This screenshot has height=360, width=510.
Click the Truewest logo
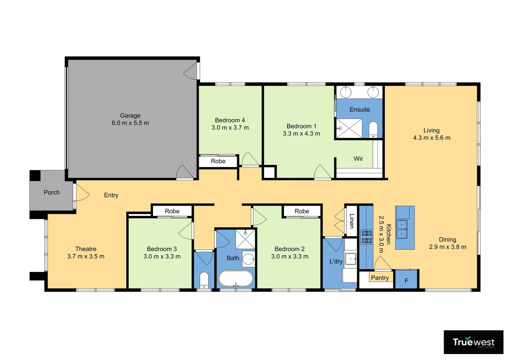(x=473, y=342)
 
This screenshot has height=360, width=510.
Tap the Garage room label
(x=130, y=116)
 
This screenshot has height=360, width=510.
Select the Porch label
(x=52, y=192)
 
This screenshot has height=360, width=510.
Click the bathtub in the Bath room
(x=235, y=278)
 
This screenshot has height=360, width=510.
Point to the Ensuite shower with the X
(x=349, y=128)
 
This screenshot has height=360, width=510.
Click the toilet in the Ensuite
(x=373, y=129)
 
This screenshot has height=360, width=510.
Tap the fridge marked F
(x=406, y=280)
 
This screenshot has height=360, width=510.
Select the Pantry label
(x=380, y=278)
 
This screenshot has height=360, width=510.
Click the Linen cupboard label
(x=351, y=221)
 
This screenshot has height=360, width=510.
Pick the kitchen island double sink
(x=402, y=229)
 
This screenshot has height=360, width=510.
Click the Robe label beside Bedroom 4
(x=218, y=161)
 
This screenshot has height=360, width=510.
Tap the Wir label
(x=358, y=159)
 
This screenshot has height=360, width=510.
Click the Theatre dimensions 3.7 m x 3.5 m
(x=86, y=256)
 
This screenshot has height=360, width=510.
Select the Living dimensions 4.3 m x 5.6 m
(x=432, y=138)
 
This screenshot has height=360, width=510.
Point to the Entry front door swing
(x=82, y=193)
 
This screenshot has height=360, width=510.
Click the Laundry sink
(x=350, y=259)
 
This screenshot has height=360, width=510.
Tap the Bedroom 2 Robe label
(x=302, y=211)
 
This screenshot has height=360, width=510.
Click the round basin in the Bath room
(x=248, y=259)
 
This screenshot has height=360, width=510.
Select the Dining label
(x=447, y=240)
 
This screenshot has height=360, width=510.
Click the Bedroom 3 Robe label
(x=172, y=211)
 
